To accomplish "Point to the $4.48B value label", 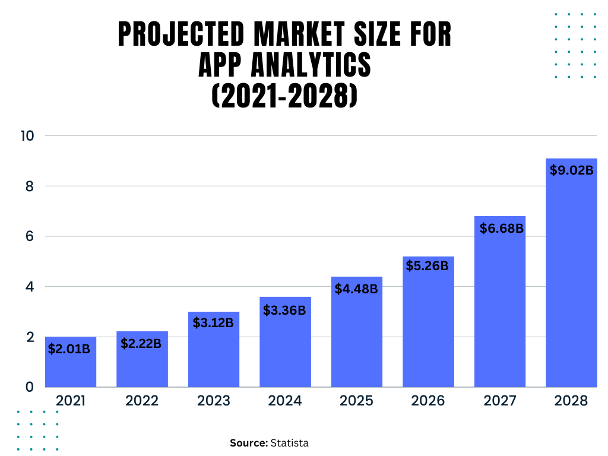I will pyautogui.click(x=356, y=289).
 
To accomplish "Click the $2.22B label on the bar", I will pyautogui.click(x=141, y=343).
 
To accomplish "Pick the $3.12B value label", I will pyautogui.click(x=213, y=323).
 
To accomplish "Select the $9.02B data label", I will pyautogui.click(x=571, y=170).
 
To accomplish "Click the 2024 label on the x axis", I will pyautogui.click(x=285, y=401).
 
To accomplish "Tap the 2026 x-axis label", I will pyautogui.click(x=428, y=401).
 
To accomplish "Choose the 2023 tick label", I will pyautogui.click(x=213, y=401).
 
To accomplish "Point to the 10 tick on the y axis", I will pyautogui.click(x=27, y=135).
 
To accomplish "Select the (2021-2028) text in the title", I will pyautogui.click(x=284, y=95).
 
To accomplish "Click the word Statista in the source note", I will pyautogui.click(x=290, y=443).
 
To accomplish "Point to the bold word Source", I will pyautogui.click(x=249, y=443).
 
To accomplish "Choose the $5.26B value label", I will pyautogui.click(x=427, y=266).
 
